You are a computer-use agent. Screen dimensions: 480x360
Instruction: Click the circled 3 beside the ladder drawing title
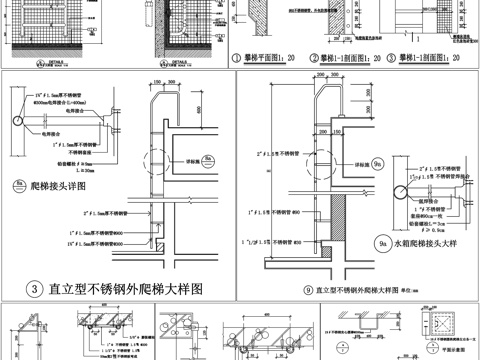click(34, 289)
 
